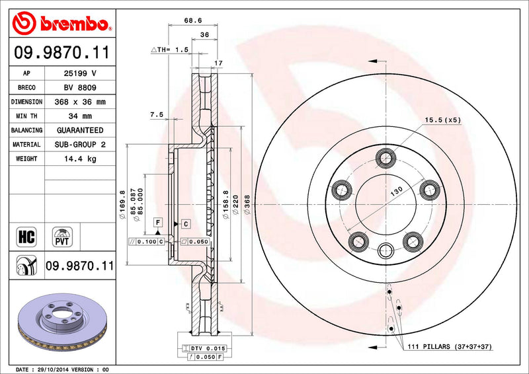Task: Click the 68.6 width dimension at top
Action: point(193,21)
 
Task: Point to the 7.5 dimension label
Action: point(157,114)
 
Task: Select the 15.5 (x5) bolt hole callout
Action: point(441,120)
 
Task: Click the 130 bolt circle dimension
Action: point(395,190)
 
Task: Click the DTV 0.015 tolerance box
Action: point(206,348)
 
